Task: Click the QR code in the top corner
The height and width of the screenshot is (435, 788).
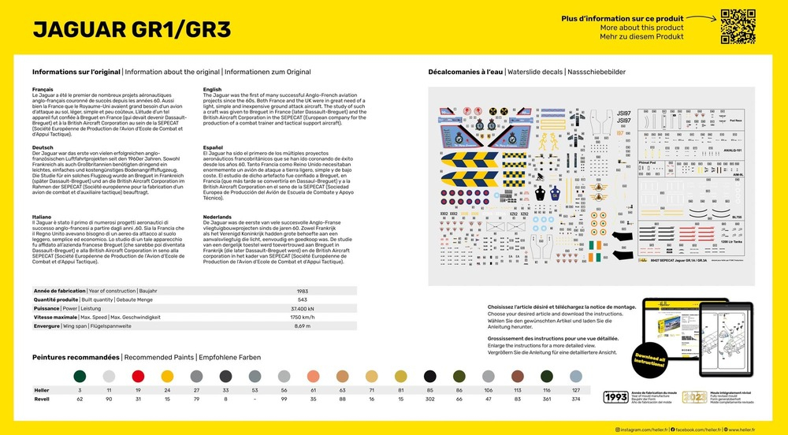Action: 738,26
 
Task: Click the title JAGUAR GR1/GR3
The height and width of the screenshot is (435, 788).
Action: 132,29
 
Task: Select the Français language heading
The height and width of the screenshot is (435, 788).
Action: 43,90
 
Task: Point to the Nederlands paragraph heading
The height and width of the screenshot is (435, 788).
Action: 218,216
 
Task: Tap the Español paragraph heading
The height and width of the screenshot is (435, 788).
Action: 213,147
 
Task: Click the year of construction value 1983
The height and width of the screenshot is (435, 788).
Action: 302,291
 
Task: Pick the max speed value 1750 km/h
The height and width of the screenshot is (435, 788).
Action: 302,317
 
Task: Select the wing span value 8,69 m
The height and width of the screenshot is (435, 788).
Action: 302,325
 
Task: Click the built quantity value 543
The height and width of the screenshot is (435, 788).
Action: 302,299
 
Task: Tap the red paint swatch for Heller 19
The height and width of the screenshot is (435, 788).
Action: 138,376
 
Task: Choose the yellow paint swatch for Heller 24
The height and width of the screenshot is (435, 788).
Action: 167,376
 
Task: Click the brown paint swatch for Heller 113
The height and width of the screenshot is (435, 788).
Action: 518,376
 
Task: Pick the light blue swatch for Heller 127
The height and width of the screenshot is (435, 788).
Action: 576,376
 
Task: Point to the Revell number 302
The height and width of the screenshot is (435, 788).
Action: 430,399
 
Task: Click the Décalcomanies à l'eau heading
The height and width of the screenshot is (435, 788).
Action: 465,72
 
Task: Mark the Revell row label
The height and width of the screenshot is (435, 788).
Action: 41,399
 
